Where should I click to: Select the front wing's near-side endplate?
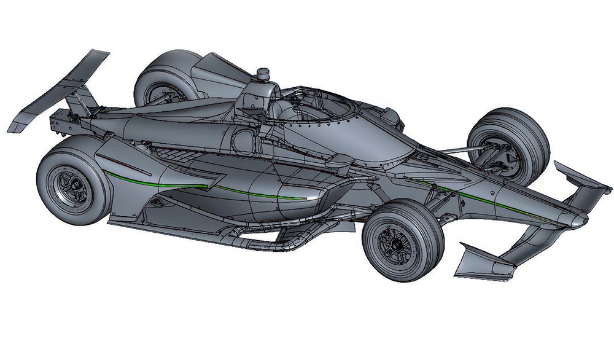point(485,261)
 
